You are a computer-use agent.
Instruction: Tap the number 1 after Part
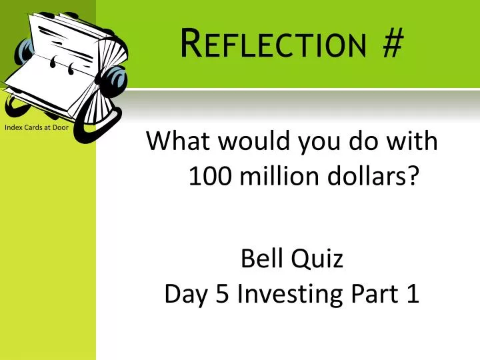412,294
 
